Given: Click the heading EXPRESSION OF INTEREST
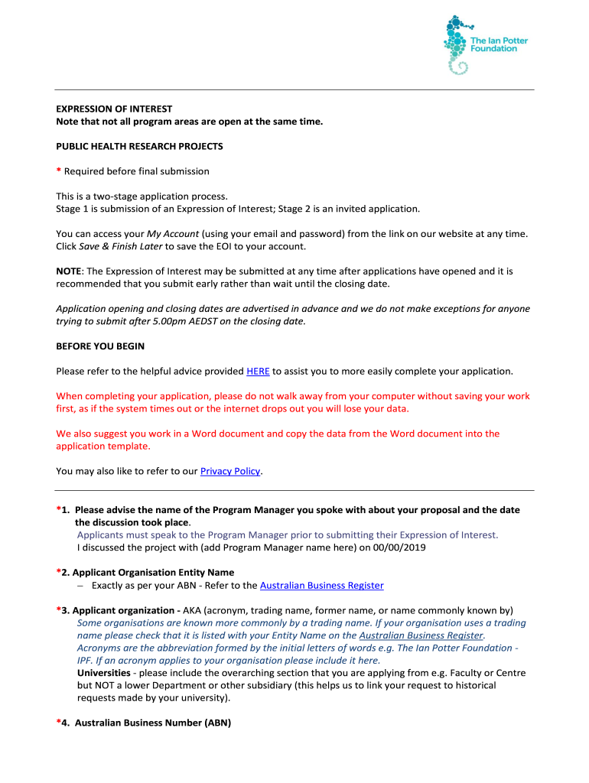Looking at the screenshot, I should pos(114,109).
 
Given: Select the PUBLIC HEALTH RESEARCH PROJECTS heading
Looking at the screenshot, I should pos(139,146).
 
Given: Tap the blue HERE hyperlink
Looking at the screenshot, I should pos(258,372).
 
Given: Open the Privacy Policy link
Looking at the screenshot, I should pos(230,471).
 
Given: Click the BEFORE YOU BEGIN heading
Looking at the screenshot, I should pos(100,346).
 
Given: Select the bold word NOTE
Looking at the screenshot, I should pos(70,271).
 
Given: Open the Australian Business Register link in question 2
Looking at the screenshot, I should pos(321,586).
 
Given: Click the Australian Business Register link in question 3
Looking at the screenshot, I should pos(421,635).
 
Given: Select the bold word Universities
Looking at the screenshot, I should pos(103,673).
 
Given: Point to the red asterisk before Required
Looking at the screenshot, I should pos(59,171).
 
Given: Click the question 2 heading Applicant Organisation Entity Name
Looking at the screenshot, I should pos(153,572).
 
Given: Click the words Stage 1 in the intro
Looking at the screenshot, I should pos(72,209).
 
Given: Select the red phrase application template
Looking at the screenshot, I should pos(103,446).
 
